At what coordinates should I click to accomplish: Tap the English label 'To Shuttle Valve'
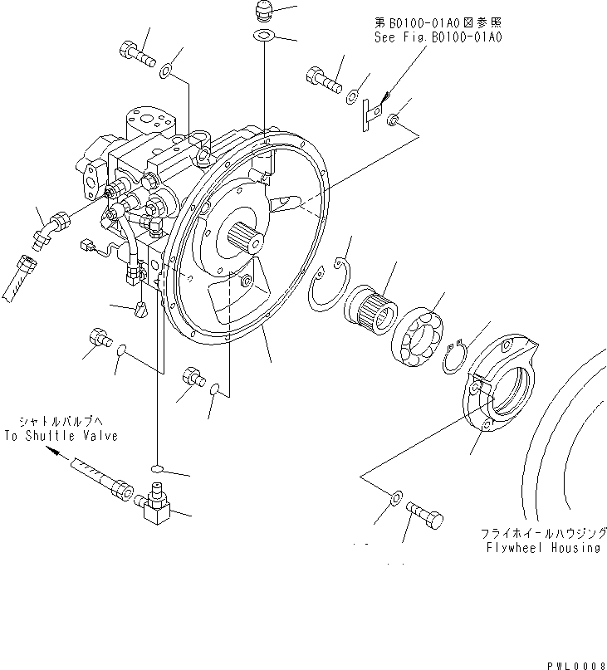point(61,435)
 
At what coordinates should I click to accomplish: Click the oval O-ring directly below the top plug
point(263,36)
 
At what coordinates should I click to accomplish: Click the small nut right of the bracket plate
point(397,122)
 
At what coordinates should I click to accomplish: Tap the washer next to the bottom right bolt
point(396,498)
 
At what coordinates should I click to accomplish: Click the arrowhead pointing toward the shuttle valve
point(53,451)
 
